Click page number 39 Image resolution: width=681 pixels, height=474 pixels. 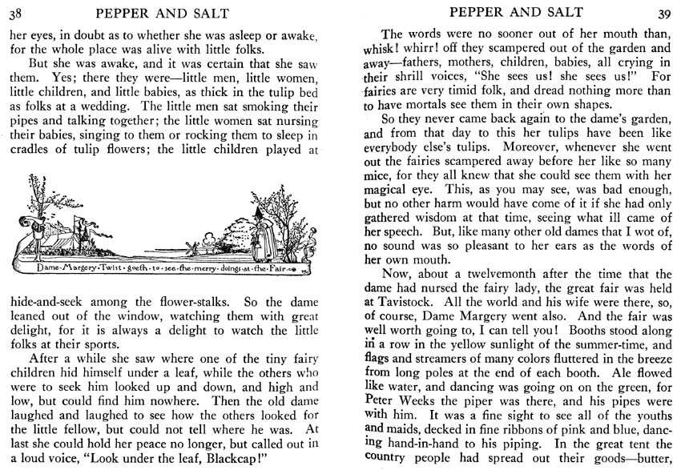coord(663,12)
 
